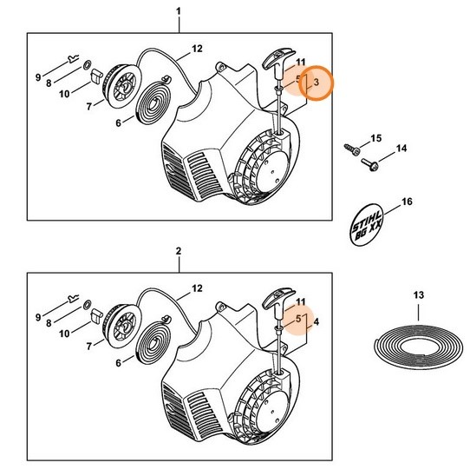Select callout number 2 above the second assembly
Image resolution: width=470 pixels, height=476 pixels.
(178, 251)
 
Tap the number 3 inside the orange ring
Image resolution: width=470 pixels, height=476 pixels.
(317, 82)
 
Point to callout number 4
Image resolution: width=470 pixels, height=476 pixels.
(317, 321)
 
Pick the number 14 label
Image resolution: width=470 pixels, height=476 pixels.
(401, 149)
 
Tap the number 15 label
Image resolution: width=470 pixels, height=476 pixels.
(375, 138)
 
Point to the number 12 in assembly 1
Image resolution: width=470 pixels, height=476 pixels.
(197, 48)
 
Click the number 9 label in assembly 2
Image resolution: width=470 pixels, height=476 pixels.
(38, 317)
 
